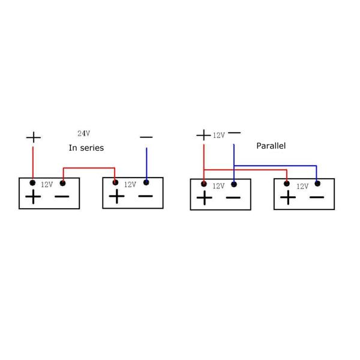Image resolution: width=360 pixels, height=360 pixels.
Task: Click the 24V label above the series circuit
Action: click(84, 133)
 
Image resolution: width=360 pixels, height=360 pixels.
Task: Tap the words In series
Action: click(86, 148)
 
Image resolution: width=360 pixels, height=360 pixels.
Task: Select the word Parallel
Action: click(271, 146)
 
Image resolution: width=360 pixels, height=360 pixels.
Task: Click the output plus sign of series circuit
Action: click(34, 137)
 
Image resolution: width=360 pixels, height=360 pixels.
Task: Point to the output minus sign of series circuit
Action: click(146, 137)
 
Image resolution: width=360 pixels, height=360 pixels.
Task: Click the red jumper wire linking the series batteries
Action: click(89, 169)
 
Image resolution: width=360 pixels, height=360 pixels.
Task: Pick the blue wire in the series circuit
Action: click(146, 165)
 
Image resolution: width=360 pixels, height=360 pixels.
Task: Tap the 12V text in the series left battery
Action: click(47, 185)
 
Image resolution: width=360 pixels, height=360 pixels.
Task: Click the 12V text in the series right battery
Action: click(130, 185)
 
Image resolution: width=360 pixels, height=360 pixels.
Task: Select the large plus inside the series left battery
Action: click(33, 197)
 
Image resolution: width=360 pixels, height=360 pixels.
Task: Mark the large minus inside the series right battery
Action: click(145, 196)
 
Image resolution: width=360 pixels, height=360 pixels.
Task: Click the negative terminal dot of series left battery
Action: click(62, 182)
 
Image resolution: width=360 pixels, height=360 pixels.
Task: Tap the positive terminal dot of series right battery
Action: click(115, 182)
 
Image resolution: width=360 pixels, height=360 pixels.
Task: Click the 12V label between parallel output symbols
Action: click(218, 136)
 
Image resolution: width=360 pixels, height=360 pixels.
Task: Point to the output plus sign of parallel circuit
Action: click(204, 135)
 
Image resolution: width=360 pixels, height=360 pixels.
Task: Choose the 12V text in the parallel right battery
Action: click(302, 187)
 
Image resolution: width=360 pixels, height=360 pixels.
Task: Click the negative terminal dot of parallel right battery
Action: click(317, 184)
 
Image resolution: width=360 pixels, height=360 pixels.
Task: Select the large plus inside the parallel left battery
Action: click(205, 198)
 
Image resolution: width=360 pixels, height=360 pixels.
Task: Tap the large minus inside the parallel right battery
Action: click(316, 197)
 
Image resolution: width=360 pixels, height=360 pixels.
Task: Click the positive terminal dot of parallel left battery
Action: click(205, 184)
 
